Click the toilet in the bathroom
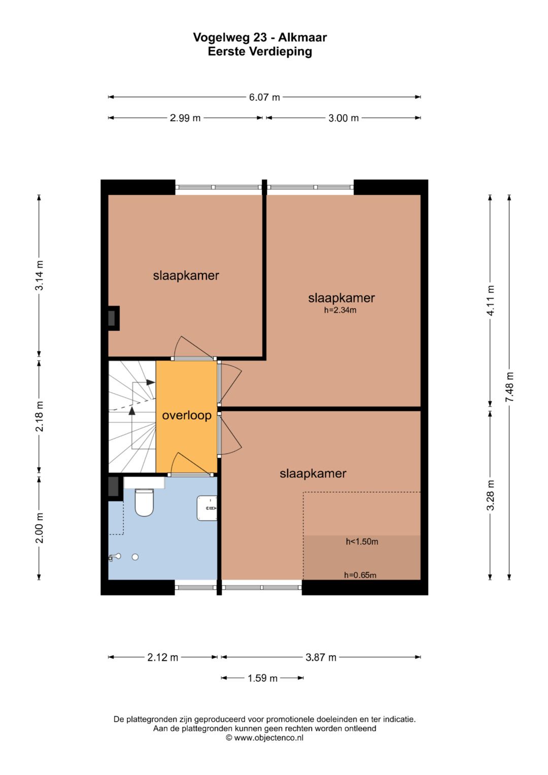click(x=144, y=502)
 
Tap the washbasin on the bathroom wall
click(x=207, y=508)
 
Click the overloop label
click(x=187, y=415)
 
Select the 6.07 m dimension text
click(x=264, y=97)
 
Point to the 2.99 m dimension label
click(x=185, y=118)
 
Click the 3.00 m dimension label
click(x=344, y=118)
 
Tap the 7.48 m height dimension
click(x=509, y=387)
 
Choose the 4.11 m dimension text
click(x=490, y=300)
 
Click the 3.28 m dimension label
click(x=490, y=495)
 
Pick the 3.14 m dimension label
click(x=40, y=276)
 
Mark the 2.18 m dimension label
click(x=40, y=416)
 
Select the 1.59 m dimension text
click(x=263, y=678)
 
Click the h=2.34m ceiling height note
click(x=340, y=310)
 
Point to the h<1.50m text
click(x=362, y=542)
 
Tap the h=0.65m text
click(x=360, y=575)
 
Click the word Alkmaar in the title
click(x=302, y=38)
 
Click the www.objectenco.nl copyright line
click(x=265, y=737)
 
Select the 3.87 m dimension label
click(x=321, y=657)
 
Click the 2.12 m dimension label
click(x=162, y=657)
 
